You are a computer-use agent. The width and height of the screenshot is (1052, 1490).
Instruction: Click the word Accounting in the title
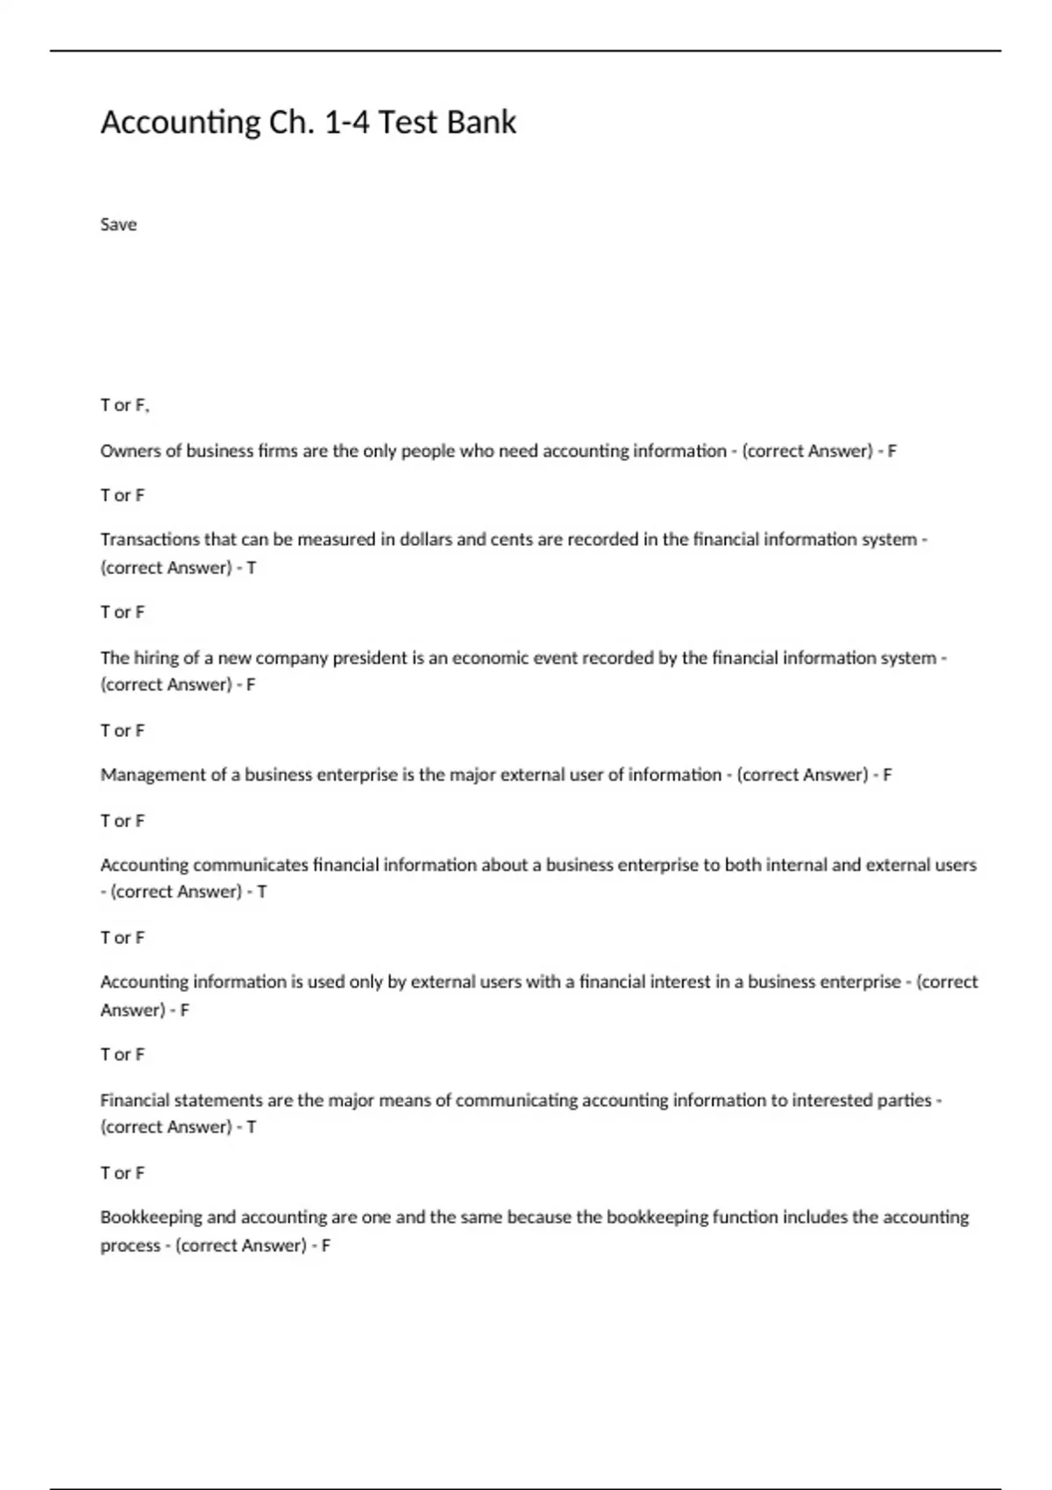pyautogui.click(x=181, y=122)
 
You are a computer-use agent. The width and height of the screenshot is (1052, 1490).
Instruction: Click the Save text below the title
pyautogui.click(x=118, y=224)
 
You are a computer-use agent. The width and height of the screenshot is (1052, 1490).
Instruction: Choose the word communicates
pyautogui.click(x=251, y=865)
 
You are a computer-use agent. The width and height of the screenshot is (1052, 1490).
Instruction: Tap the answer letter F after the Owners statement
pyautogui.click(x=892, y=451)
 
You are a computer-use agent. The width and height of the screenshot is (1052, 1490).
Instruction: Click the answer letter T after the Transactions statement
pyautogui.click(x=252, y=568)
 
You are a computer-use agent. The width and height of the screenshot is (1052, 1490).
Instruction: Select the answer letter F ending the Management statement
pyautogui.click(x=887, y=775)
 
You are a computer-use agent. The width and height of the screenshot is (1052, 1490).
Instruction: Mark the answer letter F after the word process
pyautogui.click(x=326, y=1245)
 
